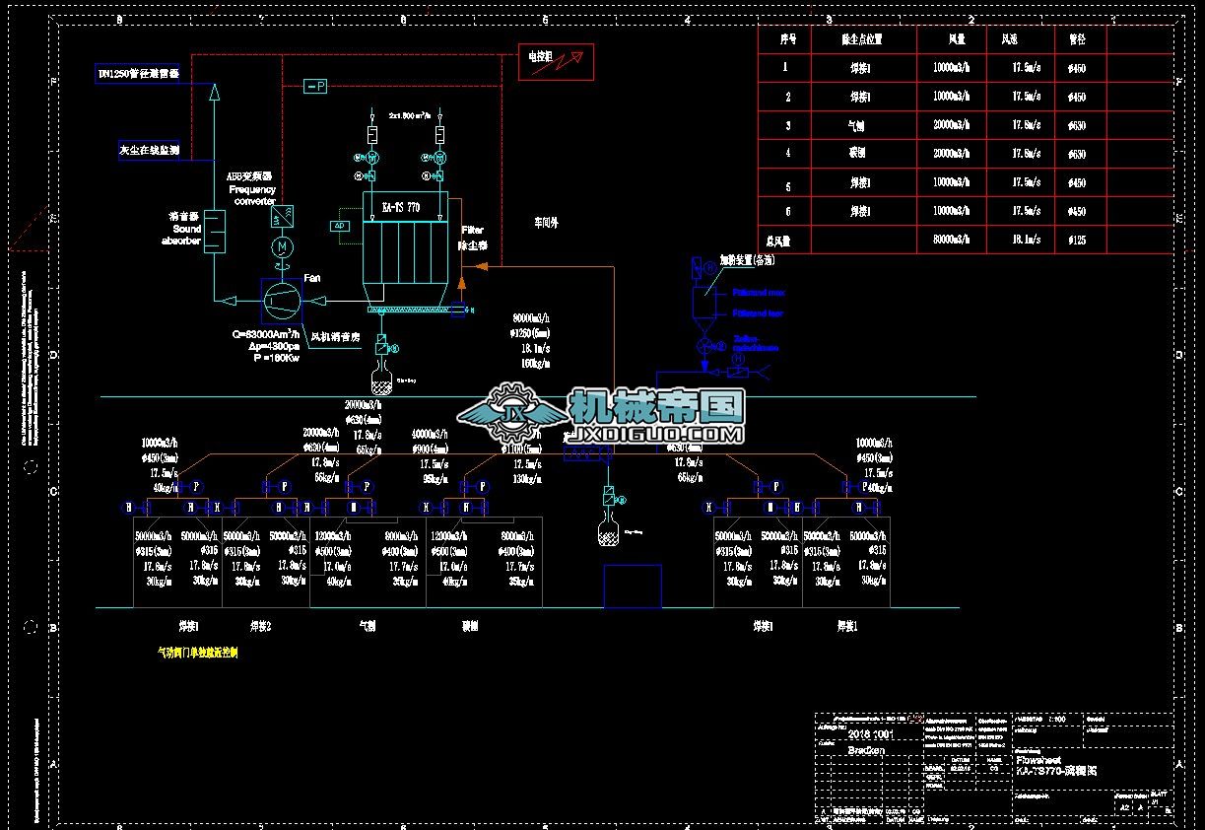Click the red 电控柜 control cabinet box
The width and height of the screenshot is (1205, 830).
coord(556,61)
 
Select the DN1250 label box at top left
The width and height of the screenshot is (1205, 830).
coord(139,74)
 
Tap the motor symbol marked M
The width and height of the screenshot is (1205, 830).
coord(283,245)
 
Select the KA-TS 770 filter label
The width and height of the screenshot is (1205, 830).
coord(401,208)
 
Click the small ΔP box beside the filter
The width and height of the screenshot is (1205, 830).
coord(341,226)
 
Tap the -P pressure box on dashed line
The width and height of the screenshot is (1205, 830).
coord(315,87)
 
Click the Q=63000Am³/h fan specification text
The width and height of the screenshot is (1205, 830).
coord(266,334)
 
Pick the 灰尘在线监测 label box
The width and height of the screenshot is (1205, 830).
coord(149,151)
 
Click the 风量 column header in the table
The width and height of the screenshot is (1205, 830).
coord(956,39)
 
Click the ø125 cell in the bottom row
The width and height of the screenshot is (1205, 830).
coord(1076,240)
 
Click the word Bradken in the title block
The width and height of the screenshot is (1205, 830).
coord(866,750)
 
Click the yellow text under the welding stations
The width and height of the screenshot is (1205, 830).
coord(198,653)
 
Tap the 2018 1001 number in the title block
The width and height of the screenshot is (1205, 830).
coord(871,733)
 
